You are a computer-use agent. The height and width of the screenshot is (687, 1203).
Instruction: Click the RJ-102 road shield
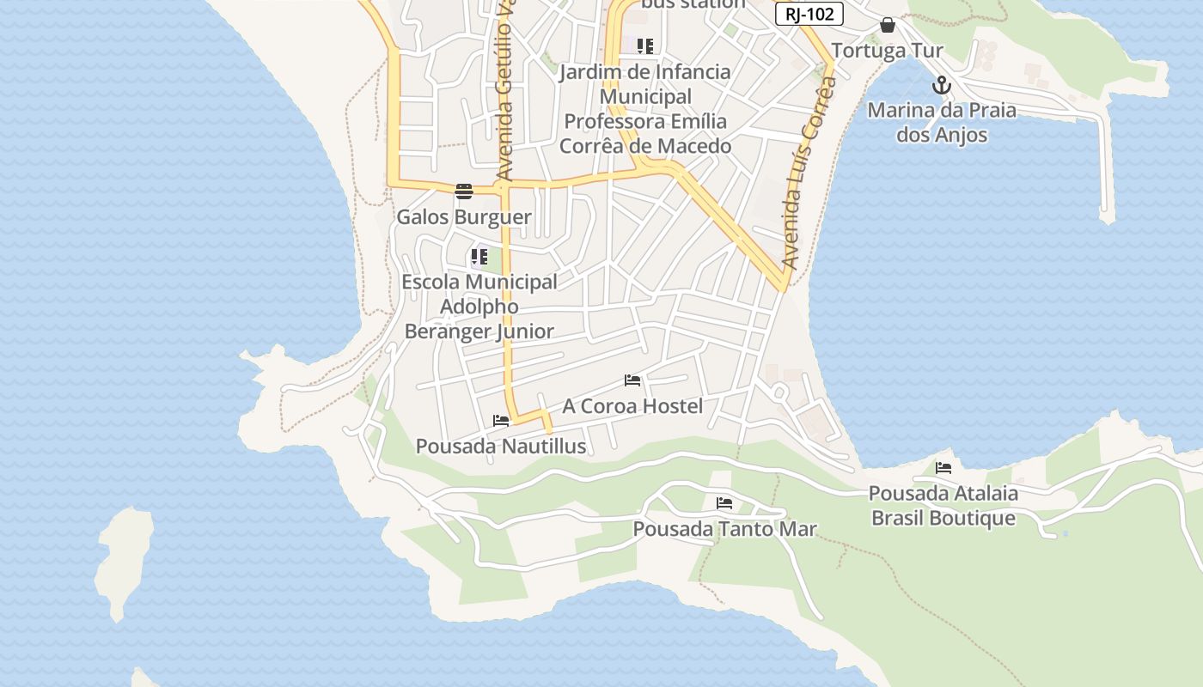pyautogui.click(x=809, y=14)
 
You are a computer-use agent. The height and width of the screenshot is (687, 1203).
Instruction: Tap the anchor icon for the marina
pyautogui.click(x=942, y=85)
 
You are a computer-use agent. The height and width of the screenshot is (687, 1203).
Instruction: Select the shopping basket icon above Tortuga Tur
pyautogui.click(x=888, y=26)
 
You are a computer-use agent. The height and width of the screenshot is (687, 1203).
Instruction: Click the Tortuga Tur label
pyautogui.click(x=888, y=51)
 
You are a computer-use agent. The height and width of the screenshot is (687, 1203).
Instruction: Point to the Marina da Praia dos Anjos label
pyautogui.click(x=942, y=122)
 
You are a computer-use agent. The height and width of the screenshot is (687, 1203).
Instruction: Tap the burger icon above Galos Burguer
pyautogui.click(x=464, y=191)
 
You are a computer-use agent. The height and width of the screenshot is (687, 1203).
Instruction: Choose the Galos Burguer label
pyautogui.click(x=464, y=217)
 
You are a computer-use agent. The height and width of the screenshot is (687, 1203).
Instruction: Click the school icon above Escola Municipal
pyautogui.click(x=479, y=256)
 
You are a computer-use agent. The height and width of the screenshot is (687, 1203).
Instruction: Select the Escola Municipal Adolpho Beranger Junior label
pyautogui.click(x=479, y=307)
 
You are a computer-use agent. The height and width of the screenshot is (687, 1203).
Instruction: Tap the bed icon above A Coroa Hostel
pyautogui.click(x=632, y=380)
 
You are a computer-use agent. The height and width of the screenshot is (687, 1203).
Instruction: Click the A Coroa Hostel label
pyautogui.click(x=632, y=406)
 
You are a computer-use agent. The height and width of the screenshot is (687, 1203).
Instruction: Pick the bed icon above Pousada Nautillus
pyautogui.click(x=501, y=420)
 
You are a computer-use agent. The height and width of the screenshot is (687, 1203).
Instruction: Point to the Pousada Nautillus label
pyautogui.click(x=501, y=447)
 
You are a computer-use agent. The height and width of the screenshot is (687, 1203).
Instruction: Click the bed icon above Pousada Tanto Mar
pyautogui.click(x=724, y=502)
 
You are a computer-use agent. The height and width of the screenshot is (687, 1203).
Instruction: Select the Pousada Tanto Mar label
pyautogui.click(x=724, y=529)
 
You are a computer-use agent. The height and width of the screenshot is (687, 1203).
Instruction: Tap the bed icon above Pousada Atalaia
pyautogui.click(x=943, y=467)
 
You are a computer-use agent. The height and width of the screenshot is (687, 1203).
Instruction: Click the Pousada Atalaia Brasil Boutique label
pyautogui.click(x=943, y=506)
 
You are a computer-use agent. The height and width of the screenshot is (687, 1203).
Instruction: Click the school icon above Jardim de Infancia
pyautogui.click(x=645, y=46)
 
